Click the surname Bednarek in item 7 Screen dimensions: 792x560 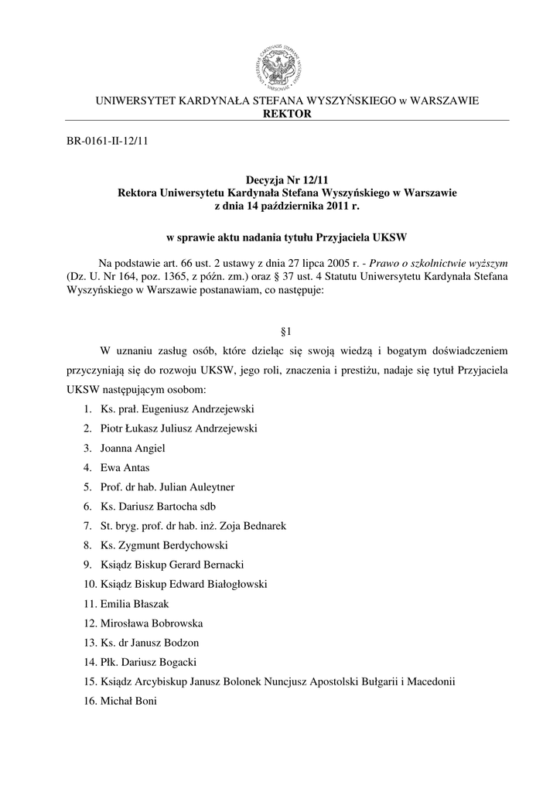(x=265, y=526)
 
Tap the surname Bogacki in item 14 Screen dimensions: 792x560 (x=175, y=663)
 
